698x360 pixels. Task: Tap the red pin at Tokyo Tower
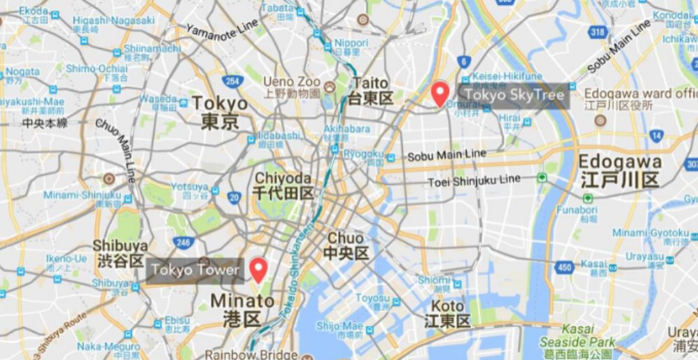tap(259, 269)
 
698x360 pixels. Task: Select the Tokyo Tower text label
tap(195, 270)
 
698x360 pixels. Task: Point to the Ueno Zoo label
tap(292, 81)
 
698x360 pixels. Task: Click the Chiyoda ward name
tap(283, 185)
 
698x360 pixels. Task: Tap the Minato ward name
tap(242, 310)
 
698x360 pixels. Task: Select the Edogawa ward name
tap(620, 170)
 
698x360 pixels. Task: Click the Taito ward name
tap(371, 91)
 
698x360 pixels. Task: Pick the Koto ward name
tap(447, 313)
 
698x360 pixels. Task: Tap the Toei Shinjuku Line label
tap(474, 181)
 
